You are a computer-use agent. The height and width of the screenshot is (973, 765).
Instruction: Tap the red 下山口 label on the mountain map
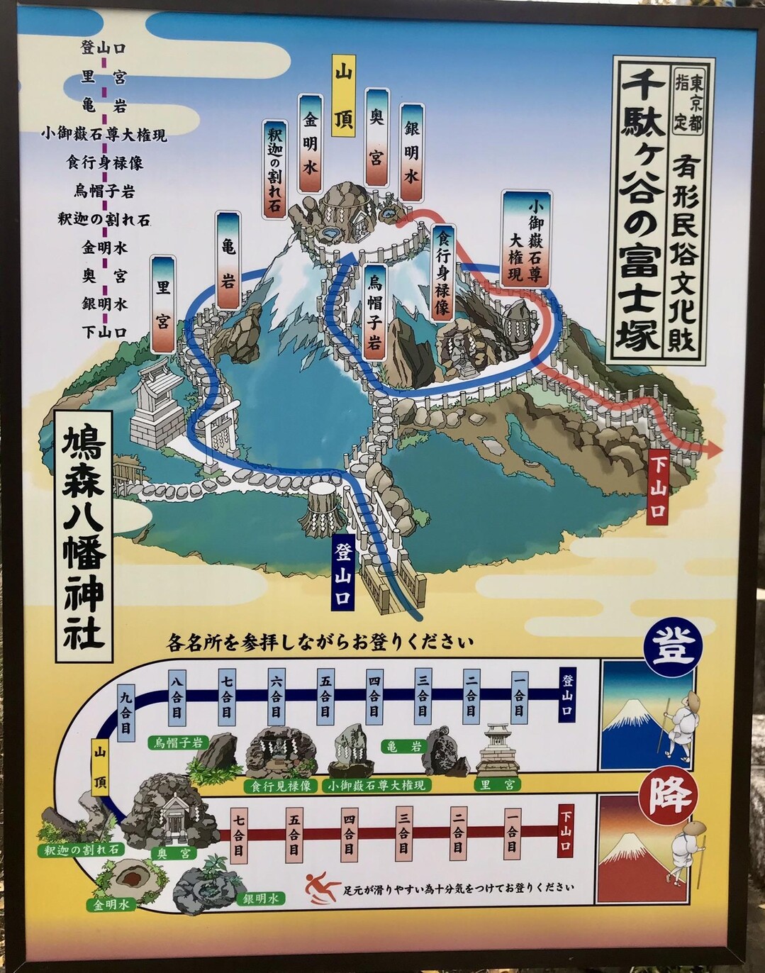click(658, 488)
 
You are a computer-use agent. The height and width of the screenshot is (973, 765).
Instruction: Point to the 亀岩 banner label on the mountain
click(228, 260)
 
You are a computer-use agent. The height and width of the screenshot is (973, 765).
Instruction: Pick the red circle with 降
click(669, 794)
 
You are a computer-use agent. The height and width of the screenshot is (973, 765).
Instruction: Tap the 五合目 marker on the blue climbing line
click(325, 694)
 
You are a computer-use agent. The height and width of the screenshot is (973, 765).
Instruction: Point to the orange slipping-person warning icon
click(321, 887)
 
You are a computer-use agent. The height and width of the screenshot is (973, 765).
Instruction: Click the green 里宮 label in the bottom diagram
click(498, 784)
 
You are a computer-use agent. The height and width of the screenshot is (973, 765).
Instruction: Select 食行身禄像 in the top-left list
click(105, 162)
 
